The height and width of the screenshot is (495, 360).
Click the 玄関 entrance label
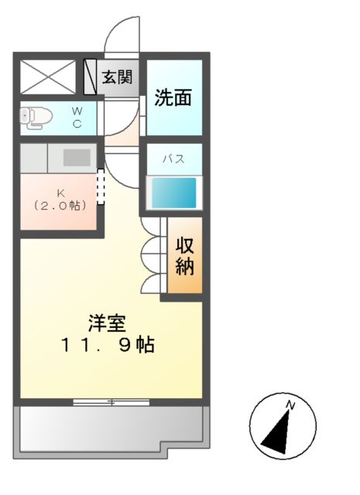[117, 77]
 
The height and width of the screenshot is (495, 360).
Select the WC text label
[77, 118]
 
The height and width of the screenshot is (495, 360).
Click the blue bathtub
[173, 193]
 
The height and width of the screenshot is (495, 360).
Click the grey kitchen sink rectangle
[77, 157]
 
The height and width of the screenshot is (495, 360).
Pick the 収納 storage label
[184, 257]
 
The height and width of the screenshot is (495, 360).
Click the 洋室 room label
[107, 323]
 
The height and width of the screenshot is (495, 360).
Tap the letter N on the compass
[290, 405]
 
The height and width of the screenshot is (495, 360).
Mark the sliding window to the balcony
[111, 401]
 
